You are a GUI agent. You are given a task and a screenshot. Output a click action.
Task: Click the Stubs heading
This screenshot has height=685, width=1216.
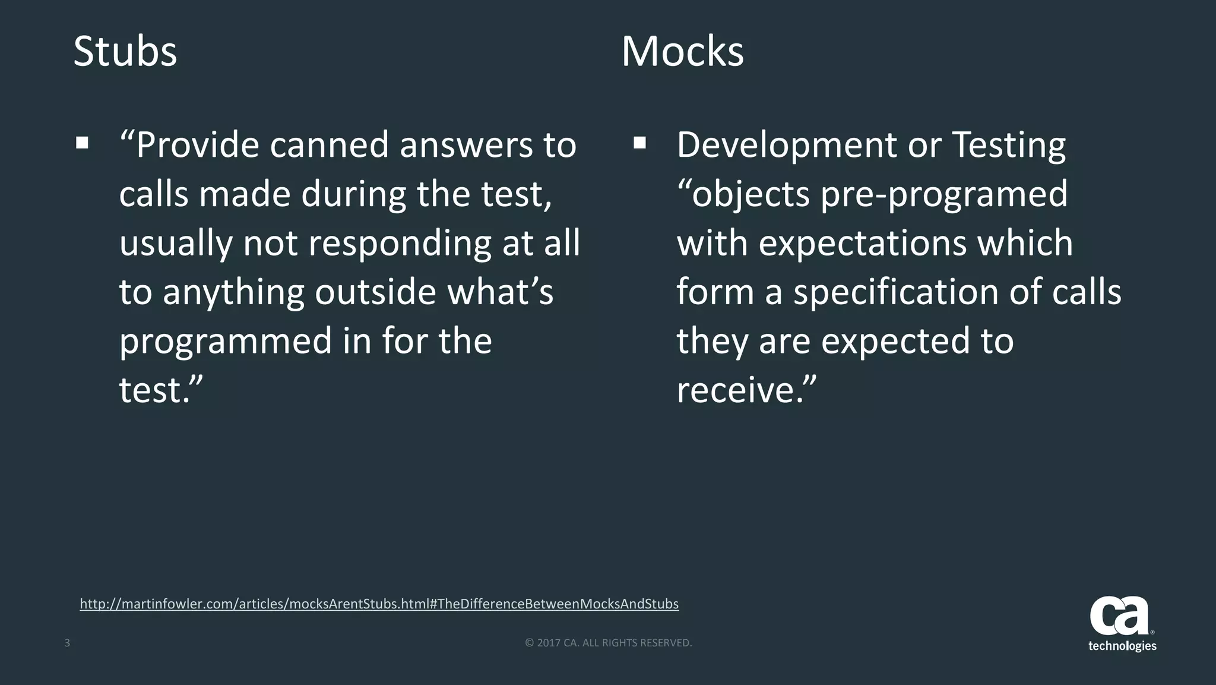125,52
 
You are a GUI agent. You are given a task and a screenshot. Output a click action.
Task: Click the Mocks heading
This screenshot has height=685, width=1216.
682,52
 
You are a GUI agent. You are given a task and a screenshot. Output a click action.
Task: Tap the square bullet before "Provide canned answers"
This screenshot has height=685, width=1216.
82,143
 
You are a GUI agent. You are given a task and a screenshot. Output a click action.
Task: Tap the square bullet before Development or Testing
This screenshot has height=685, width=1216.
639,143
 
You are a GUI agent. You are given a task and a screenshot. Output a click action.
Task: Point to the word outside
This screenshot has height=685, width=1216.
376,292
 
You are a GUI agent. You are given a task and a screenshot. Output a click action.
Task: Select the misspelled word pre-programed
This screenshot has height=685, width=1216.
944,195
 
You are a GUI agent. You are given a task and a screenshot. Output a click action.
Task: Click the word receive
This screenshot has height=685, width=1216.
739,390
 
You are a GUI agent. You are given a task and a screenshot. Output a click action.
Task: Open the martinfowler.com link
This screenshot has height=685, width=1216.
379,604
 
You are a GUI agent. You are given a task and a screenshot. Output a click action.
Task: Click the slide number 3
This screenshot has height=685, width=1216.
67,643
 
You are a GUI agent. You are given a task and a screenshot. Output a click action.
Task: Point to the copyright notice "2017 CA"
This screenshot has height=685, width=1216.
609,643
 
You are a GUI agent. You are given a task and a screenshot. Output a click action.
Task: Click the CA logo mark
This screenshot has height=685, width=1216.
1119,616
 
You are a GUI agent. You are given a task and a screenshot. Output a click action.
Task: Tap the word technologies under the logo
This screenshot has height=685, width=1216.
1122,646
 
